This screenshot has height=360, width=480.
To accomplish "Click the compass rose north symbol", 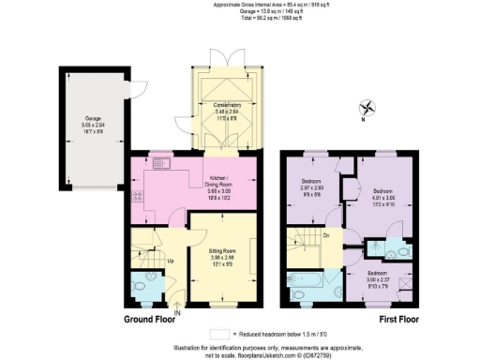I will coord(367,108).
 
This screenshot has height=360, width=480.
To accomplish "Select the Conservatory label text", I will coord(227,105).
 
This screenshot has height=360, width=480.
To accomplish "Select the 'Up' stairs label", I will coord(171,260).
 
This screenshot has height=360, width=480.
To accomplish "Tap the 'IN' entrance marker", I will coord(177,312).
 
